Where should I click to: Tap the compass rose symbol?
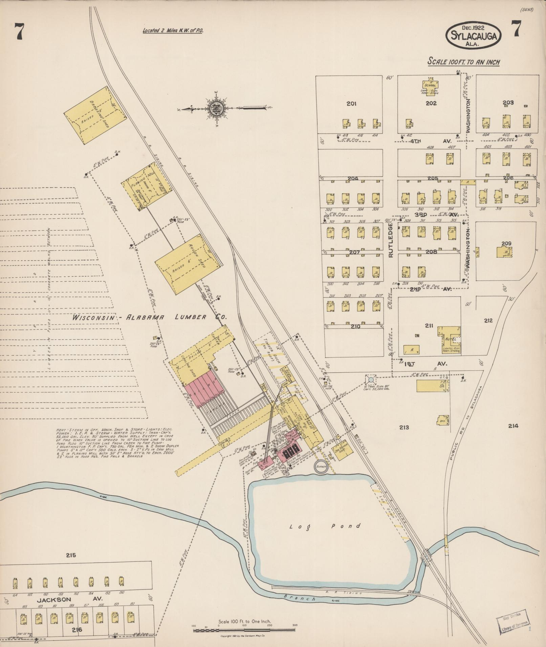click(215, 109)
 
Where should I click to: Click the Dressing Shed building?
click(95, 115)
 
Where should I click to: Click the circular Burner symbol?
click(321, 466)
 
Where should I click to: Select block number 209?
click(506, 244)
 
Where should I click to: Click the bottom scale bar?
click(244, 630)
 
